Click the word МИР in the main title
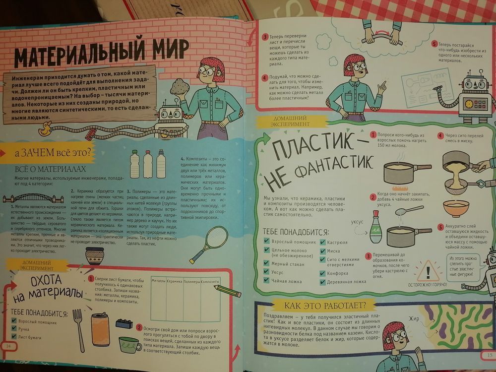point(163,51)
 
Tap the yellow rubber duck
point(46,131)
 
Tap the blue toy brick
point(124,323)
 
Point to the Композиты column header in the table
point(210,281)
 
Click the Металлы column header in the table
point(158,281)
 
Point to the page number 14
point(8,345)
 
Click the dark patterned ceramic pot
point(94,257)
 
